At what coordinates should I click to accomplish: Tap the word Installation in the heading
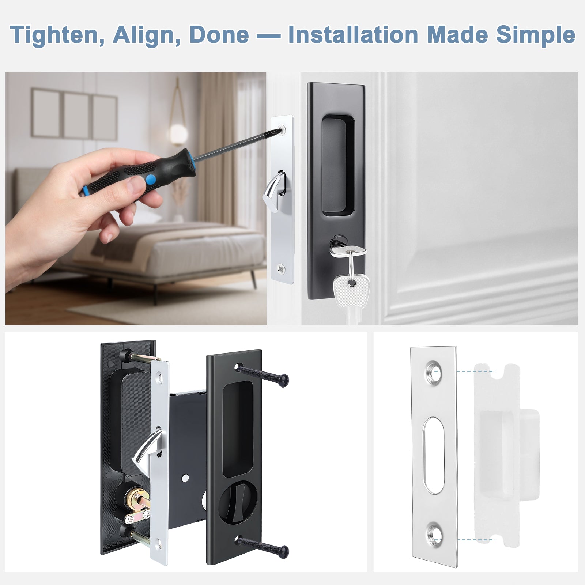[353, 35]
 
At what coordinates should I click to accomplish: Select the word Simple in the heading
[536, 35]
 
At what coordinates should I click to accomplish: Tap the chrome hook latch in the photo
[272, 189]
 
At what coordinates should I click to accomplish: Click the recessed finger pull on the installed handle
[333, 164]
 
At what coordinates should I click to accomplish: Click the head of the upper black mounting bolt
[282, 380]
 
